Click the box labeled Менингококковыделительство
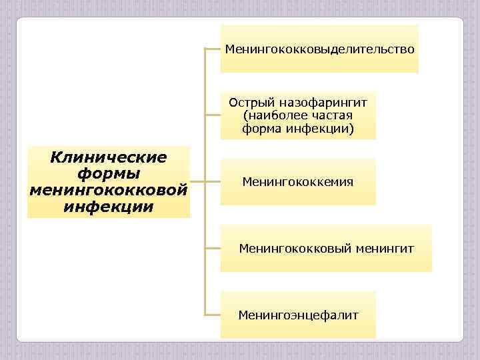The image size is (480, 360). (x=319, y=49)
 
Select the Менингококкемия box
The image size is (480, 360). (x=298, y=181)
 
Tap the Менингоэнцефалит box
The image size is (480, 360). (x=298, y=315)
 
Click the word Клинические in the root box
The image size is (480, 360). (x=109, y=158)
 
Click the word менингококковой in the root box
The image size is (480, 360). (x=109, y=190)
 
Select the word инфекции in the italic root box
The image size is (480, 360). (x=109, y=206)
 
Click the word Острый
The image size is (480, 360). (x=249, y=102)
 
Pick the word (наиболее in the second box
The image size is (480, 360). (x=273, y=115)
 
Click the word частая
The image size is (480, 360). (x=329, y=115)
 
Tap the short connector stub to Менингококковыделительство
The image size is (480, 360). (x=213, y=49)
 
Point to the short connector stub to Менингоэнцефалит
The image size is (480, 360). (x=213, y=314)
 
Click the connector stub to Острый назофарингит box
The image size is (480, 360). (x=213, y=115)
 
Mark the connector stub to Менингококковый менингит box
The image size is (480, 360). (x=213, y=248)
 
